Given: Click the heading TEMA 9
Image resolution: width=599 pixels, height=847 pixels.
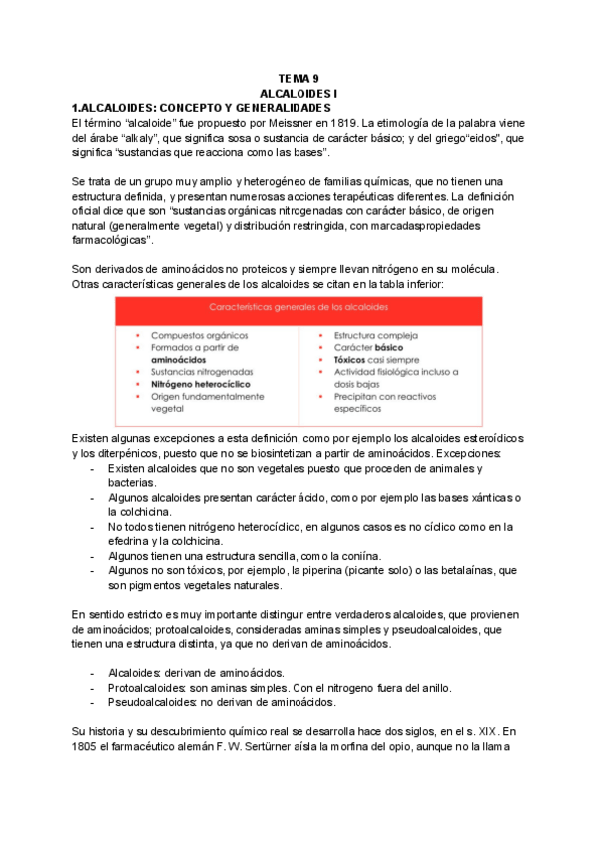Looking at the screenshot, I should pyautogui.click(x=299, y=78).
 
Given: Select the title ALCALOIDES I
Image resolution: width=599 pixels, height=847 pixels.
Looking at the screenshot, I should pyautogui.click(x=299, y=92).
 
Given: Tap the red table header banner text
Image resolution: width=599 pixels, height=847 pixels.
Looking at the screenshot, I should pyautogui.click(x=299, y=308).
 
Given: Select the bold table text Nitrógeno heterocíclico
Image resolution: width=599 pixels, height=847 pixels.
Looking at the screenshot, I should pyautogui.click(x=200, y=383).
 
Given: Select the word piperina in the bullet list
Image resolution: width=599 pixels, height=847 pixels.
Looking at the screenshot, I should pyautogui.click(x=338, y=571).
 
